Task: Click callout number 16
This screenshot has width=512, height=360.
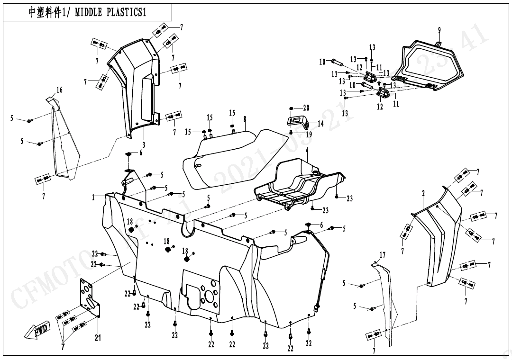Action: [59, 90]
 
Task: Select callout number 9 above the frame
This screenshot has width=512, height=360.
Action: [439, 30]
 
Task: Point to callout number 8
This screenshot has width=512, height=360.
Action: [245, 120]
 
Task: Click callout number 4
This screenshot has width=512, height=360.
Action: [307, 150]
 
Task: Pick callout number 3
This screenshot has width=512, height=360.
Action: [144, 144]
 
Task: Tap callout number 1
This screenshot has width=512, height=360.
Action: [94, 198]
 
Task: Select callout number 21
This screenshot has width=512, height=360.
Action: [98, 338]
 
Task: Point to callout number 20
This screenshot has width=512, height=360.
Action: [306, 108]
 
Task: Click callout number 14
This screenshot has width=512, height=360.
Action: [320, 124]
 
